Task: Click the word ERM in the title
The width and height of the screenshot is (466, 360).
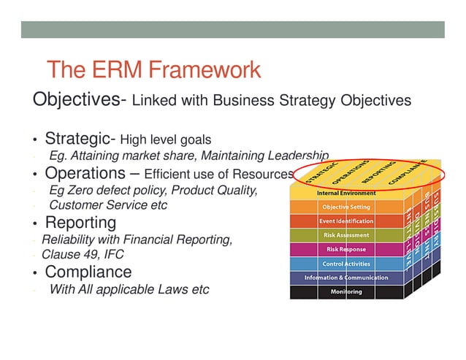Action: tap(116, 70)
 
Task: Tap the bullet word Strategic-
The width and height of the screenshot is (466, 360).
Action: tap(80, 139)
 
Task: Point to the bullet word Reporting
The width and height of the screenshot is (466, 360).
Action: tap(80, 222)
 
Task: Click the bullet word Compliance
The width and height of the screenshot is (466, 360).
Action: tap(88, 272)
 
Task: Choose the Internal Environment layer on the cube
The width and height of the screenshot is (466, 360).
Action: tap(346, 194)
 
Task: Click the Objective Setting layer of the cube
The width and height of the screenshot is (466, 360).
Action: tap(346, 207)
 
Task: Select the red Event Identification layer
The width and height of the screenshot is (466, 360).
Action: tap(346, 221)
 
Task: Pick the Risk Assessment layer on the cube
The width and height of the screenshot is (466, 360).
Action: tap(346, 235)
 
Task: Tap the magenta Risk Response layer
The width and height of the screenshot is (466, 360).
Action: tap(346, 249)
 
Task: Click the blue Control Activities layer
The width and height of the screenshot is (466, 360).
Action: tap(346, 264)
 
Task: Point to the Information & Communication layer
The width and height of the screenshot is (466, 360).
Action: tap(346, 277)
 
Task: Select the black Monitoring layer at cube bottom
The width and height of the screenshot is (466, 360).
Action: tap(346, 291)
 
